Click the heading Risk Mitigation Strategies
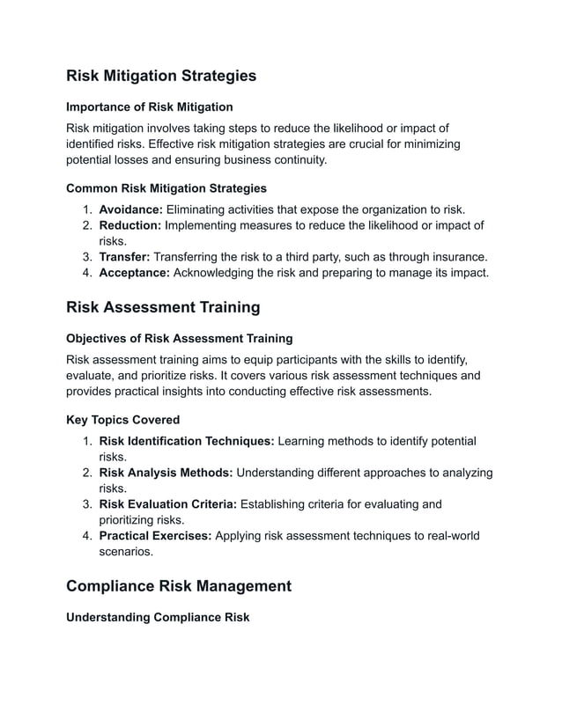(161, 76)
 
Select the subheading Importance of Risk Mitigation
(150, 106)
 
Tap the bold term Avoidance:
(130, 209)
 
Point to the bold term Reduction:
(130, 225)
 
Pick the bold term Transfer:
(124, 257)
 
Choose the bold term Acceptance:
(134, 273)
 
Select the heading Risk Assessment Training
(163, 307)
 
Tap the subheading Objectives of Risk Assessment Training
(180, 338)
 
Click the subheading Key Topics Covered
(123, 420)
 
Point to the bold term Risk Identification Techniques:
(187, 441)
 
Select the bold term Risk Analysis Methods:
(166, 473)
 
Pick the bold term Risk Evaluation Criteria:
(168, 504)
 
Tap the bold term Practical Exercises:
(155, 536)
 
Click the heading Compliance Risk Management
(179, 586)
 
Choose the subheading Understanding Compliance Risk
(158, 617)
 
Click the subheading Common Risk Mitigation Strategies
(166, 188)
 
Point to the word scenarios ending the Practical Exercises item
(126, 552)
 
